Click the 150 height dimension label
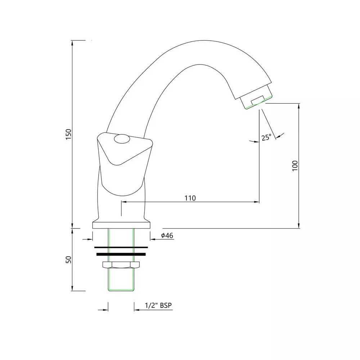point(69,135)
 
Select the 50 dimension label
point(69,260)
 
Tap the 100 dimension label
point(295,166)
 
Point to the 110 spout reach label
point(190,198)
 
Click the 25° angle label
point(266,137)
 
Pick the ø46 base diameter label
point(167,235)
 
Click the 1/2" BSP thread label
point(158,305)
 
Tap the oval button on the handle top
point(122,139)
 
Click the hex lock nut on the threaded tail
point(121,265)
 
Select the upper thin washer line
point(121,247)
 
